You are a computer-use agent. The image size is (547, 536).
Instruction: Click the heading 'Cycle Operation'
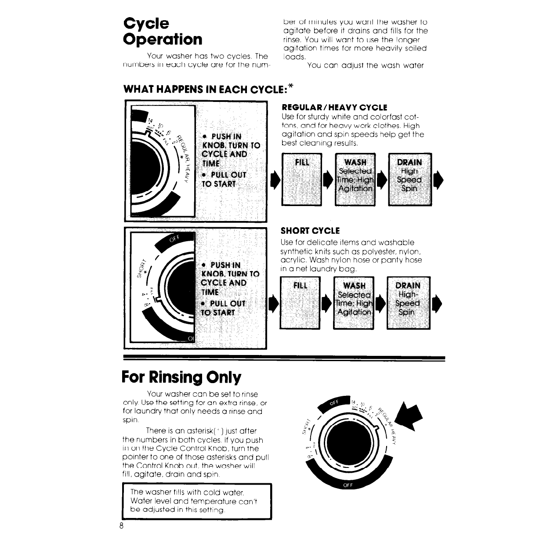[163, 31]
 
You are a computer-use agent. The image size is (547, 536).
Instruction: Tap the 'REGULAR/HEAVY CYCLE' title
[334, 108]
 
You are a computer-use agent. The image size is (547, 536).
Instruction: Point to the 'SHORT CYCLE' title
[310, 231]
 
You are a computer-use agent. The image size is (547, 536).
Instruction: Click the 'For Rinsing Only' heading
[181, 377]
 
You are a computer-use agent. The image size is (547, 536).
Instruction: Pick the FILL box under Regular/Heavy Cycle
[302, 179]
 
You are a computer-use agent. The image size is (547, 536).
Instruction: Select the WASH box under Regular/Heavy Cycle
[355, 179]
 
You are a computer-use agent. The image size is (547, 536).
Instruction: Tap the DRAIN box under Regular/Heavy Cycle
[409, 179]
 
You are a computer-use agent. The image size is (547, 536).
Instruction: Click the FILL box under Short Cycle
[301, 303]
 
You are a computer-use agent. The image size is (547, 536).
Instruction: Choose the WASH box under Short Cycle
[354, 303]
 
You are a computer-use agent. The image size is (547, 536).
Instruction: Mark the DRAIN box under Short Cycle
[408, 303]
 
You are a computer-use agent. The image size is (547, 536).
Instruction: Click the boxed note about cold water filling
[196, 501]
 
